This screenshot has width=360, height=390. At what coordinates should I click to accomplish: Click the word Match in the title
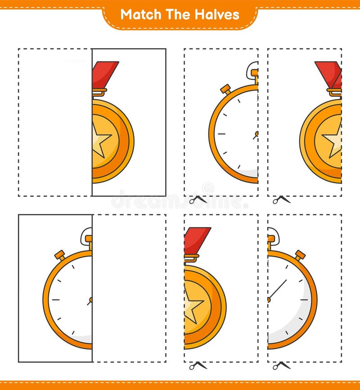point(139,14)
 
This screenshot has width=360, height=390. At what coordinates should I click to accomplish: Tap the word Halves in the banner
point(217,14)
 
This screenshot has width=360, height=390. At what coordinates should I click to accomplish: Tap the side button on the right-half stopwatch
point(300,255)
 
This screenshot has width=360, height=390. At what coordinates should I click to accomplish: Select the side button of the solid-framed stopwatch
point(60,255)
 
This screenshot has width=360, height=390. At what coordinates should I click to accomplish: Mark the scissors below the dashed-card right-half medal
point(198,365)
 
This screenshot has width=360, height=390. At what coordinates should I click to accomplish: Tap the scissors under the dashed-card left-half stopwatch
point(198,199)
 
